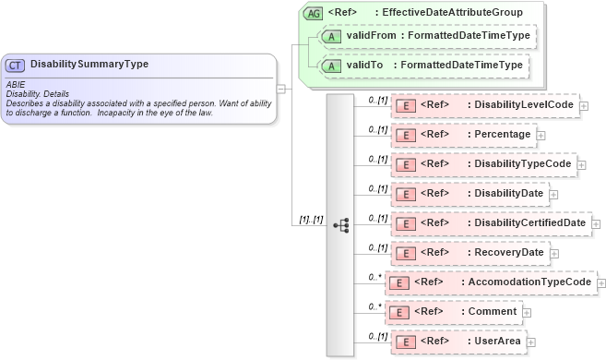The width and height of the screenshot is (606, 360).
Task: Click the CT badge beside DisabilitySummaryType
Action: coord(16,65)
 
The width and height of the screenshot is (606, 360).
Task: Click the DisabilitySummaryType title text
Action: coord(89,65)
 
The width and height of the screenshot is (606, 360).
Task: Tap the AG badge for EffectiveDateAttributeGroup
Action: coord(314,12)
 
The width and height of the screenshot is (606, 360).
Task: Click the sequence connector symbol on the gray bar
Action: coord(340,224)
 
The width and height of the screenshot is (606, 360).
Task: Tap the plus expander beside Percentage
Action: coord(541,135)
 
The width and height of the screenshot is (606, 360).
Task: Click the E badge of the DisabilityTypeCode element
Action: coord(404,164)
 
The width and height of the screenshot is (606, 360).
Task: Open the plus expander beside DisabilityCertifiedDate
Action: coord(596,223)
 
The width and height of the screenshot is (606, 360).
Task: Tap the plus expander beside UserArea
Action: coord(530,342)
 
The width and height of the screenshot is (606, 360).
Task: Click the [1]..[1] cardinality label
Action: coord(309,220)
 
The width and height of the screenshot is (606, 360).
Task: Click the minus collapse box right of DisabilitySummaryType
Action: coord(280,89)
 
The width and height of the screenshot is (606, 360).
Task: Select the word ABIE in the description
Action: coord(15,83)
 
